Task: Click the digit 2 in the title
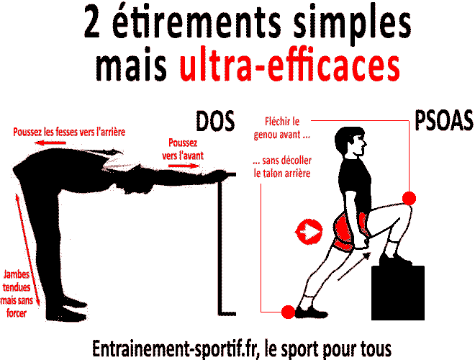[92, 22]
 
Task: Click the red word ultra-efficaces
[289, 66]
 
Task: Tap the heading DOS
[215, 121]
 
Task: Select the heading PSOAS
[443, 120]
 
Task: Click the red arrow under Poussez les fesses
[50, 143]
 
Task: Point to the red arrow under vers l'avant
[184, 166]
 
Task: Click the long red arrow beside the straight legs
[27, 250]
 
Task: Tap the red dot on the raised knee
[409, 198]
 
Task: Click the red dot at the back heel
[288, 312]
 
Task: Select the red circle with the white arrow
[309, 232]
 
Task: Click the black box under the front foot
[398, 293]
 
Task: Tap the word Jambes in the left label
[17, 274]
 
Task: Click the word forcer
[17, 313]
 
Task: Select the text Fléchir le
[282, 122]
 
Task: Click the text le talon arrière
[282, 174]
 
